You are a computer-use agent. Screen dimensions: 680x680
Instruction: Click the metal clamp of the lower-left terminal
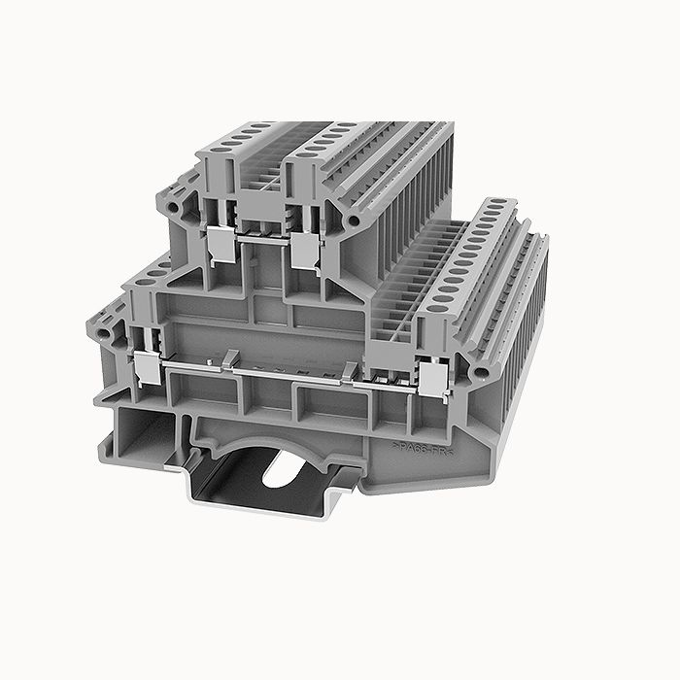[145, 365]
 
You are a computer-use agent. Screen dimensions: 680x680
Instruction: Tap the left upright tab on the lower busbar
[228, 360]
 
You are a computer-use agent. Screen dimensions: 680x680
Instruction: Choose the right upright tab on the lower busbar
[349, 368]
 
